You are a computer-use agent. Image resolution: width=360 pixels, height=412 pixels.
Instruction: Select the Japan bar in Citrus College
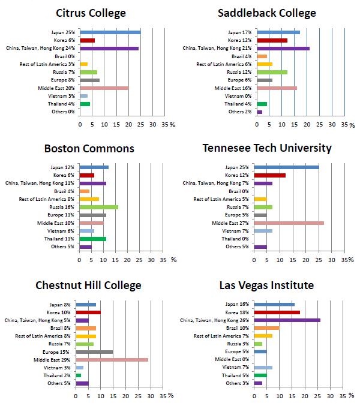pyautogui.click(x=110, y=32)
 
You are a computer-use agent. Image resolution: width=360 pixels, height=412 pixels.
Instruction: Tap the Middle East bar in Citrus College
pyautogui.click(x=104, y=88)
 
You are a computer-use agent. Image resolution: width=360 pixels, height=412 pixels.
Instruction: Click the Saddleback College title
pyautogui.click(x=267, y=13)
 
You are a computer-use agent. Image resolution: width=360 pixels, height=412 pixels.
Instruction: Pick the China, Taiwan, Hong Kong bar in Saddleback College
pyautogui.click(x=283, y=48)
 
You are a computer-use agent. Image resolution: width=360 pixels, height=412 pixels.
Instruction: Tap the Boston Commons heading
pyautogui.click(x=89, y=148)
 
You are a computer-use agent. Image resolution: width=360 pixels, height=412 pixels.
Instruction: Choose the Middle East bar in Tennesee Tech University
pyautogui.click(x=289, y=222)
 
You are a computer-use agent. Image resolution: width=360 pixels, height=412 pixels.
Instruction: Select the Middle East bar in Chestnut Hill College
pyautogui.click(x=112, y=360)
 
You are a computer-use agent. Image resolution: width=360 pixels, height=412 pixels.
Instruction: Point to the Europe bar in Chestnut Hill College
pyautogui.click(x=94, y=352)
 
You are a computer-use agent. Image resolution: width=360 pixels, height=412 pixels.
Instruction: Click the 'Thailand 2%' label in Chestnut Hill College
pyautogui.click(x=60, y=375)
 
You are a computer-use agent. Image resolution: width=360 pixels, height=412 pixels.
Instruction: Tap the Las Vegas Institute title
pyautogui.click(x=266, y=285)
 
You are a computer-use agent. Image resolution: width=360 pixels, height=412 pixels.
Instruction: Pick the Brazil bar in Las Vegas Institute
pyautogui.click(x=266, y=327)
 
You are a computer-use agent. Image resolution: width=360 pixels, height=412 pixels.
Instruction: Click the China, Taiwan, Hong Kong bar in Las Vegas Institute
pyautogui.click(x=287, y=320)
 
